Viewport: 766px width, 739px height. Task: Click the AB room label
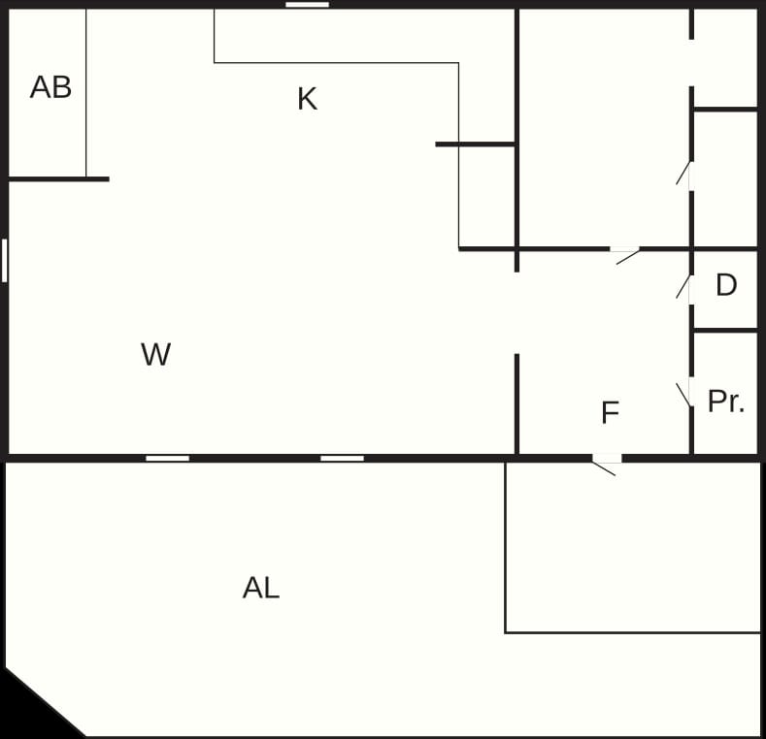50,87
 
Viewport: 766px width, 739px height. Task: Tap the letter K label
308,99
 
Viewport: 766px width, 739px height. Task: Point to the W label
156,354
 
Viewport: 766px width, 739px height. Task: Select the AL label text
261,588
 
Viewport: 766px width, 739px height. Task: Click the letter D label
726,284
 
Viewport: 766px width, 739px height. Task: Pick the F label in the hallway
610,412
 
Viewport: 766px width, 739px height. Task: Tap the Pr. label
726,402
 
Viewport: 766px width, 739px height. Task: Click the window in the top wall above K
308,5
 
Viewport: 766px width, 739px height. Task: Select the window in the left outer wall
5,260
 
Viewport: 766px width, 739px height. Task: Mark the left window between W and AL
168,459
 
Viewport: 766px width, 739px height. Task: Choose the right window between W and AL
342,459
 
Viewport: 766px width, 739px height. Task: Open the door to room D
683,287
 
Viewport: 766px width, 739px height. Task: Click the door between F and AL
606,465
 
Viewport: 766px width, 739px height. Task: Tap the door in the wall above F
627,255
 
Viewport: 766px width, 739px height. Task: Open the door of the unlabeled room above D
683,175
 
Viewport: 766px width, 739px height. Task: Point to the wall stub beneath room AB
58,179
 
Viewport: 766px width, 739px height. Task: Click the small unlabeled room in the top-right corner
725,57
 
